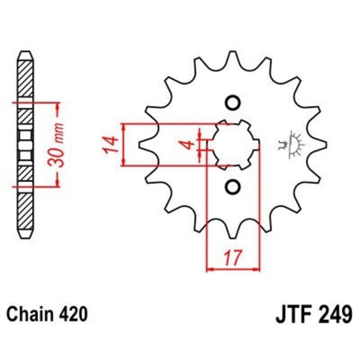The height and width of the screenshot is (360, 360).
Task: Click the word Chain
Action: [30, 313]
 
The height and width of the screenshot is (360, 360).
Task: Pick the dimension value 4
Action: [189, 145]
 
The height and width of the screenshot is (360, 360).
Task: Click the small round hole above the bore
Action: [231, 103]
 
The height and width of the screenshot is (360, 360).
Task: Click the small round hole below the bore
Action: [231, 186]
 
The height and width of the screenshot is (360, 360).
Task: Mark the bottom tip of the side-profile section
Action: [25, 239]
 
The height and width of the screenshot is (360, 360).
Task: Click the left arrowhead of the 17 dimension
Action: [211, 269]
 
